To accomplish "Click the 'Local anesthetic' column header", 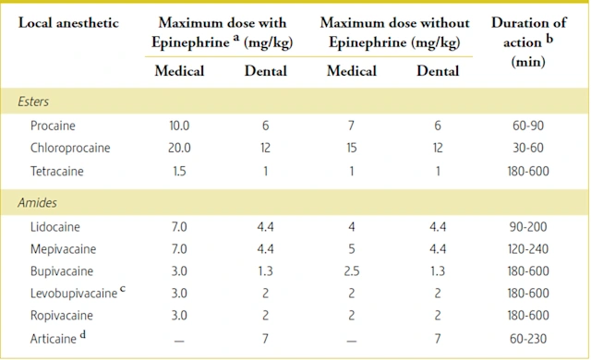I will click(69, 22).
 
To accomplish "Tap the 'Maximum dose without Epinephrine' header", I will click(398, 32).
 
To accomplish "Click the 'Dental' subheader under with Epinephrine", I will click(265, 71).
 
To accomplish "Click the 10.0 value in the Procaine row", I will click(178, 125).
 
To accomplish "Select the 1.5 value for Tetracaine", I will click(178, 171).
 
